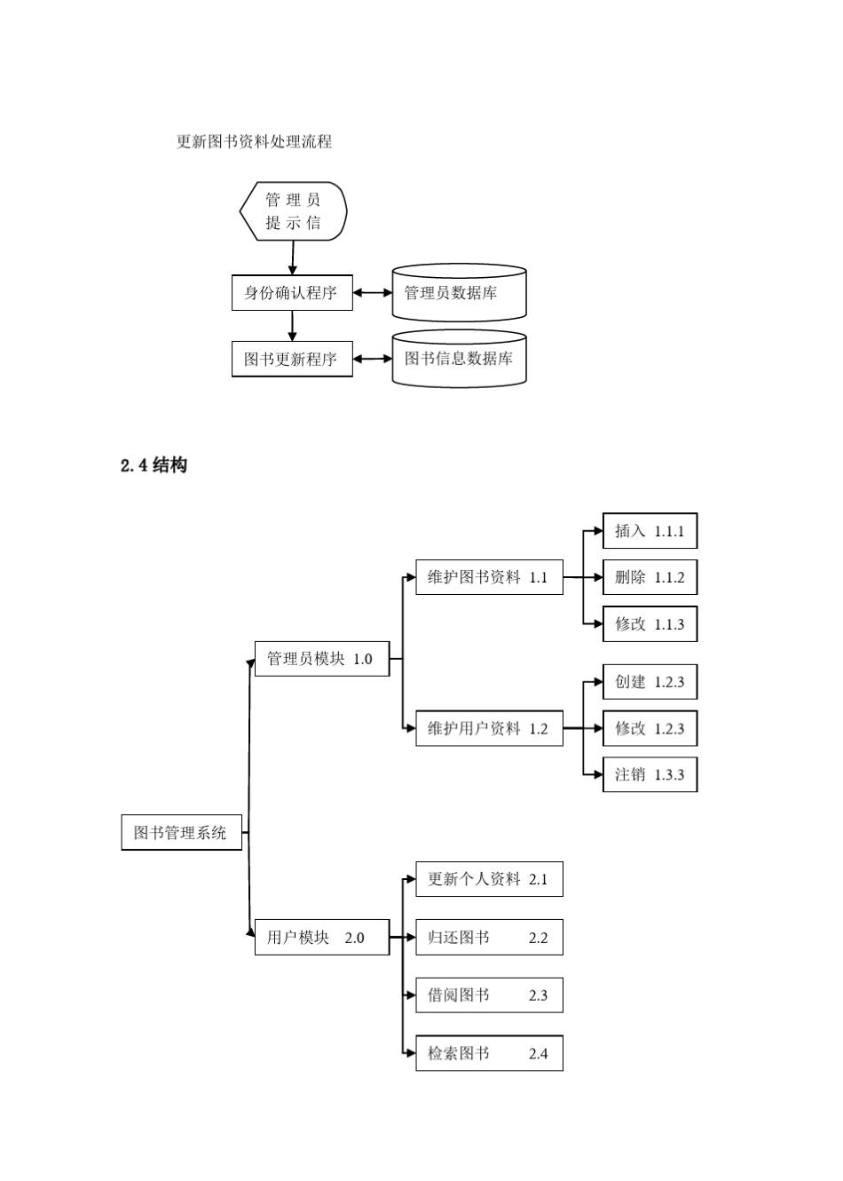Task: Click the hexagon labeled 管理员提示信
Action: (x=293, y=211)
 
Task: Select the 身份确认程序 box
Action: (x=292, y=293)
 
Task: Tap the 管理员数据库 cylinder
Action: (x=459, y=293)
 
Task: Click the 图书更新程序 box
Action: (x=292, y=360)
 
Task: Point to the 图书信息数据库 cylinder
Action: (x=459, y=359)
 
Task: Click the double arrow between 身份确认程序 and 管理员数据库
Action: (x=373, y=293)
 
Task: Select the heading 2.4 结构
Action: (x=154, y=465)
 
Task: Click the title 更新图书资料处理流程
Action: (x=254, y=141)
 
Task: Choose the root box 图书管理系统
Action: (x=181, y=833)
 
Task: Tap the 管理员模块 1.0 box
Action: (x=321, y=659)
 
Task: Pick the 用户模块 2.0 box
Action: (x=321, y=938)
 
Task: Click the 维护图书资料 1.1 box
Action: (x=489, y=577)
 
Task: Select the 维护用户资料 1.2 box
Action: (x=489, y=729)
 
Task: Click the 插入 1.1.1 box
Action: (x=650, y=531)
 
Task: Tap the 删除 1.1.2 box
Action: (x=650, y=577)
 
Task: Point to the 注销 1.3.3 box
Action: (x=650, y=774)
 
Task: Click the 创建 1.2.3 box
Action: (x=650, y=682)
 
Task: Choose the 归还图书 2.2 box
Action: (x=489, y=938)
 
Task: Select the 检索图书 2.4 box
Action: (x=489, y=1054)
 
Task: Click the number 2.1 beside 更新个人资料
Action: (x=539, y=879)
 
